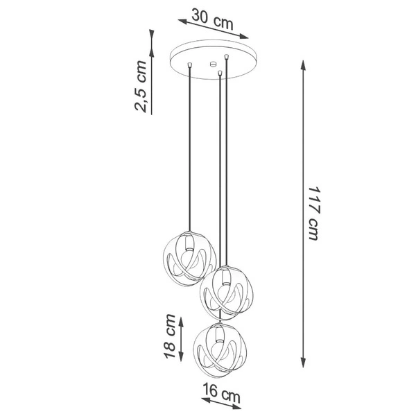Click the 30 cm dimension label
pos(213,20)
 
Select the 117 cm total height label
pos(313,214)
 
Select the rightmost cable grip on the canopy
pos(227,56)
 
